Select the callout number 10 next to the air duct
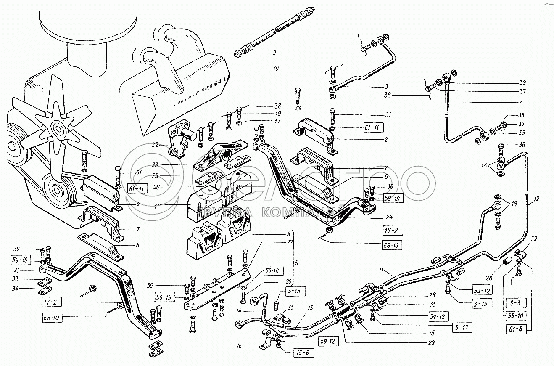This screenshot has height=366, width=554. point(275,68)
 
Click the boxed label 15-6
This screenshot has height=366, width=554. point(302,353)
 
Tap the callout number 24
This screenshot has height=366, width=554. point(389,217)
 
